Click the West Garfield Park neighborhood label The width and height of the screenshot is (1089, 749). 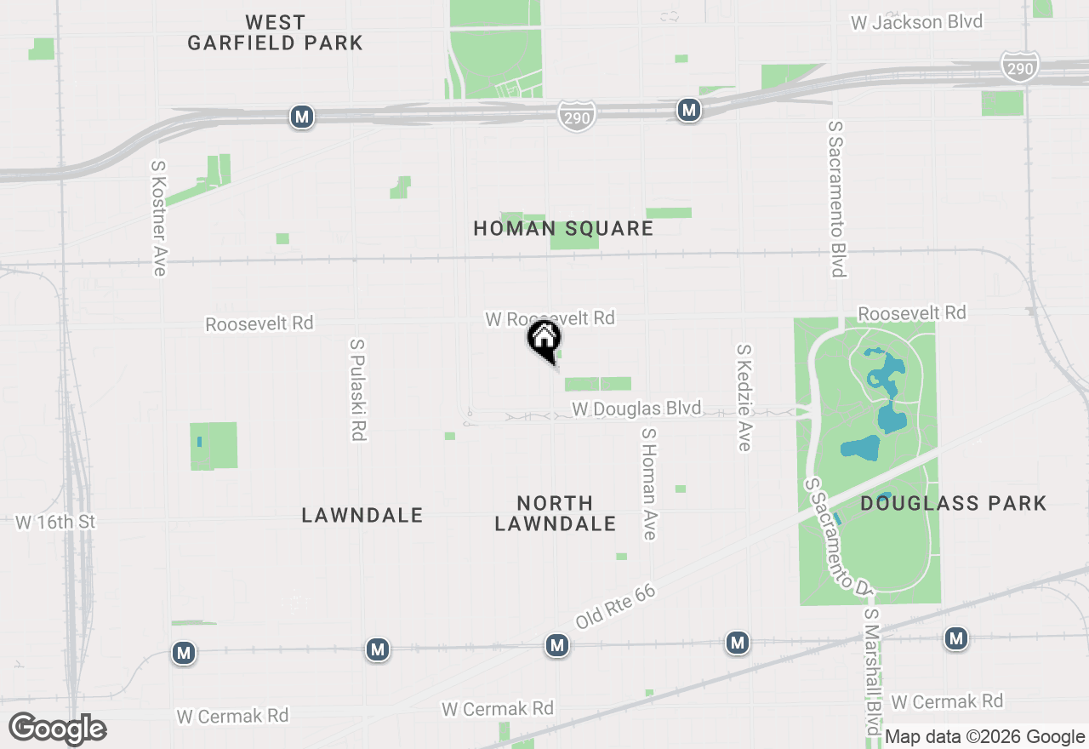click(x=275, y=32)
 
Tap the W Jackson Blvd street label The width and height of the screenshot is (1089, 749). click(x=917, y=22)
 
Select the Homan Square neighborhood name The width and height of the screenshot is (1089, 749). click(x=563, y=228)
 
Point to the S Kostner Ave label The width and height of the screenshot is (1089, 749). click(x=158, y=218)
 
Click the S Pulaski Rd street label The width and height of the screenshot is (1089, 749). click(x=358, y=390)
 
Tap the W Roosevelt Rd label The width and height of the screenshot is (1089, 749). click(x=550, y=318)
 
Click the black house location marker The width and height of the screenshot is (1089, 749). click(x=544, y=340)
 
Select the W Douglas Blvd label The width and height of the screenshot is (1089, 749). click(x=636, y=409)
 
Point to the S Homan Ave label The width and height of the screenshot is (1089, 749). click(x=649, y=483)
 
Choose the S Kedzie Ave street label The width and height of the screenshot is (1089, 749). click(x=744, y=397)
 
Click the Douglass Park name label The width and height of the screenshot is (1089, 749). click(x=953, y=503)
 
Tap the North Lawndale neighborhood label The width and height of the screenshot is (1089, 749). click(x=556, y=513)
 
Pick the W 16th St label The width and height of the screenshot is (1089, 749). click(x=55, y=522)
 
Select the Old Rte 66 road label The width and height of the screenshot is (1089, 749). click(x=615, y=606)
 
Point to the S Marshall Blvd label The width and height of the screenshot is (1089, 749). click(x=871, y=672)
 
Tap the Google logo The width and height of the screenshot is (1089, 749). click(x=57, y=729)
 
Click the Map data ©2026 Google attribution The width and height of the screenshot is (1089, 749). click(x=984, y=737)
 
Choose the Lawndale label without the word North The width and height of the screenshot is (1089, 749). click(x=362, y=515)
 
